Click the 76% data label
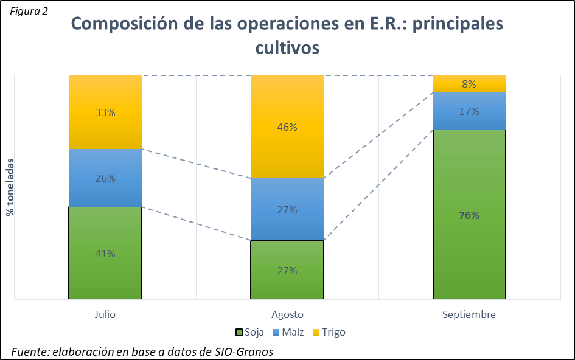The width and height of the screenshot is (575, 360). click(469, 215)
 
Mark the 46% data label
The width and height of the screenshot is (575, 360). click(287, 127)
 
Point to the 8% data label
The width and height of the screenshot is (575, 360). click(469, 84)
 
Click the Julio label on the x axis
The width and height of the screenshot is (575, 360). click(105, 314)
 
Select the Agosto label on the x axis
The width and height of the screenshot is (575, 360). click(287, 314)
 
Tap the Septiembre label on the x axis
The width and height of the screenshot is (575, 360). click(469, 314)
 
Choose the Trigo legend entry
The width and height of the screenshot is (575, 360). click(328, 333)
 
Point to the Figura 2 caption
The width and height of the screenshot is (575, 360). click(29, 12)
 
